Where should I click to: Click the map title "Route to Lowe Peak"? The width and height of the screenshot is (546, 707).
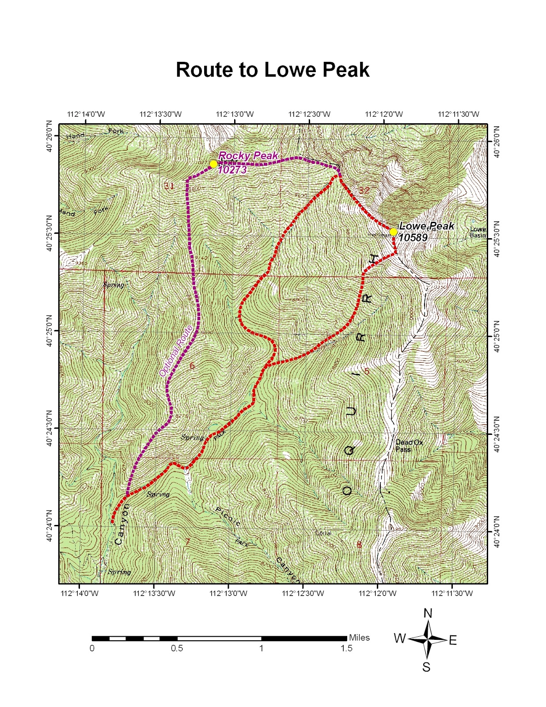tap(273, 70)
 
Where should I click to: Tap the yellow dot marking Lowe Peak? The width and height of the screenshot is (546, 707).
tap(393, 232)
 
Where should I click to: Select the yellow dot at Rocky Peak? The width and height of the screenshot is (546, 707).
tap(213, 164)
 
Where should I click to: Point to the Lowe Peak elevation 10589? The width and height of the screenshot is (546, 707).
tap(413, 238)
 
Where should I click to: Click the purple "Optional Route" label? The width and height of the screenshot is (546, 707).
tap(176, 351)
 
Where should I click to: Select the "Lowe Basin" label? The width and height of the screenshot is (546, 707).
tap(478, 232)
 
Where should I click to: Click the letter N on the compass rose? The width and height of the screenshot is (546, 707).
tap(428, 613)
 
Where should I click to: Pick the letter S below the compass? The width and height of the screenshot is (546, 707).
tap(426, 667)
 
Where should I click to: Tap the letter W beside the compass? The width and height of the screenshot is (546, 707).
tap(400, 639)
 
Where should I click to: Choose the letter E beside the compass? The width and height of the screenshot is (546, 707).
tap(453, 641)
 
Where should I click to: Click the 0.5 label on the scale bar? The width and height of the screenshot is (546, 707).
tap(177, 649)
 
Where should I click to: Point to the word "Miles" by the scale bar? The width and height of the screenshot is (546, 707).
tap(359, 638)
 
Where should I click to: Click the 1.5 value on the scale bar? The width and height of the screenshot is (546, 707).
tap(346, 649)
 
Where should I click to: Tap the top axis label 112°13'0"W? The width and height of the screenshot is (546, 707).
tap(234, 114)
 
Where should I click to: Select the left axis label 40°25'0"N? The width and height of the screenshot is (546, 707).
tap(49, 331)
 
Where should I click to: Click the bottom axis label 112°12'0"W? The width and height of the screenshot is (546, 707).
tap(377, 593)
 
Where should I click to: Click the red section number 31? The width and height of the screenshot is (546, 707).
tap(169, 186)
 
